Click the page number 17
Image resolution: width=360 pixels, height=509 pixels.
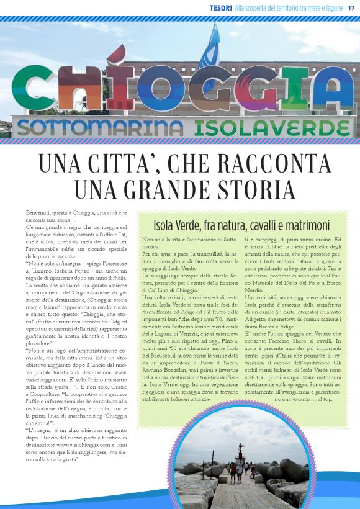pyautogui.click(x=351, y=7)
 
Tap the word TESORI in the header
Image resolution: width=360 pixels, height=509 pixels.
pyautogui.click(x=221, y=7)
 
